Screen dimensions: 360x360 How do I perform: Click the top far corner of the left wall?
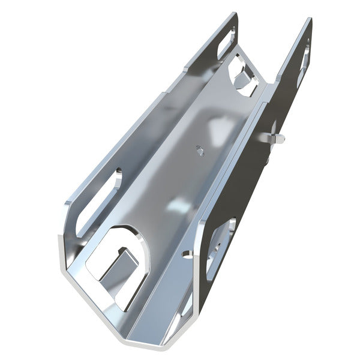[234, 13]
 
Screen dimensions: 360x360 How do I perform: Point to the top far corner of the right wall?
[311, 19]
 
